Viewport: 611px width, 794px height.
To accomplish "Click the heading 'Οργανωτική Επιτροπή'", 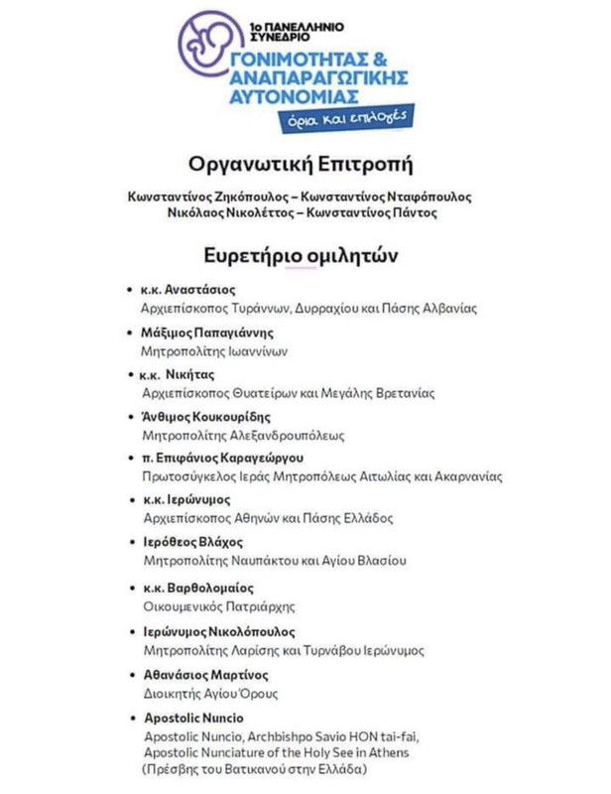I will (305, 162).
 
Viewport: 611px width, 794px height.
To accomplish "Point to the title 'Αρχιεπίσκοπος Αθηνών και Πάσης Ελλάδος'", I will (268, 518).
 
